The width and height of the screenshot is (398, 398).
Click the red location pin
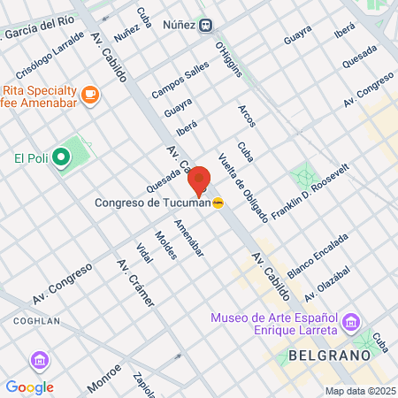coord(198,180)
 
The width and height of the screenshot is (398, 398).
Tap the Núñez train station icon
coord(205,25)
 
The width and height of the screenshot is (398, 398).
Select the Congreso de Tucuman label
coord(152,203)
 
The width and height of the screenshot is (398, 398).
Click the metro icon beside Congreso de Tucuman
coord(218,203)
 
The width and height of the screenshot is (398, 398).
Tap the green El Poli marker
coord(60,158)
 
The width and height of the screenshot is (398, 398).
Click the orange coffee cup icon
coord(88,94)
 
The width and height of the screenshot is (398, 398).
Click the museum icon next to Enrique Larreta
coord(351,322)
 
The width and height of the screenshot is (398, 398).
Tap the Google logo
coord(29,387)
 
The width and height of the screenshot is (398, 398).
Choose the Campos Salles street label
coord(180,79)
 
